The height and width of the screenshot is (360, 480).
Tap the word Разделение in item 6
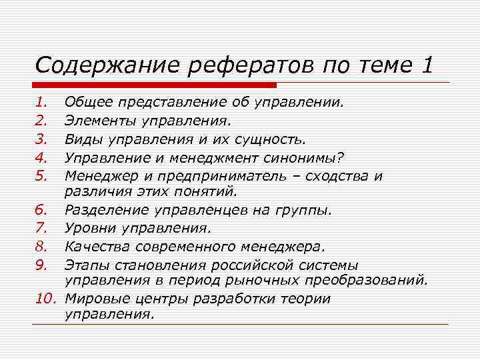pyautogui.click(x=106, y=210)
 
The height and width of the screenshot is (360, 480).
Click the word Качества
pyautogui.click(x=95, y=246)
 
